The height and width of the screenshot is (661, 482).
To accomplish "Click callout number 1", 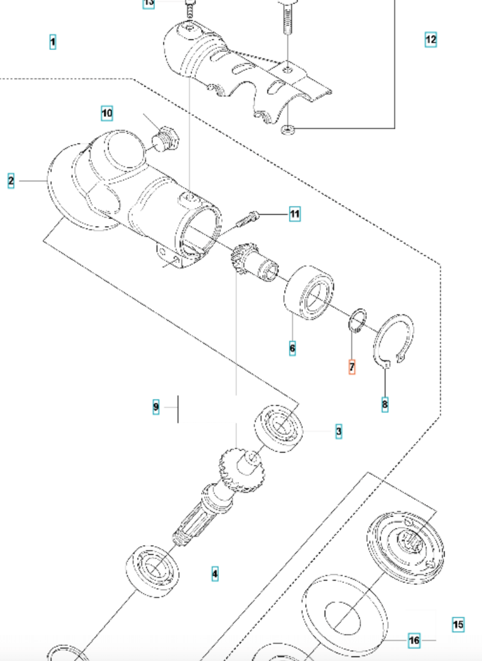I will pyautogui.click(x=52, y=42).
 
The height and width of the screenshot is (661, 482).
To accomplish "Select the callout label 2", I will pyautogui.click(x=11, y=181).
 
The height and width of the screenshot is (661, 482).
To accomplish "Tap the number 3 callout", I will pyautogui.click(x=338, y=431).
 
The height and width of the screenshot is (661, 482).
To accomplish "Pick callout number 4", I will pyautogui.click(x=215, y=574).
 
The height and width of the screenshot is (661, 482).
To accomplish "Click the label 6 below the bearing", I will pyautogui.click(x=292, y=348).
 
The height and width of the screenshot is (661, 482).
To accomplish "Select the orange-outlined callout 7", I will pyautogui.click(x=352, y=367).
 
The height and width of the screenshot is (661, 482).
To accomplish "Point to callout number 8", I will pyautogui.click(x=385, y=405).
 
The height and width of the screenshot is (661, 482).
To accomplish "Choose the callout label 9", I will pyautogui.click(x=156, y=407).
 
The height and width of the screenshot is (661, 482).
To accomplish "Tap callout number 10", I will pyautogui.click(x=107, y=114).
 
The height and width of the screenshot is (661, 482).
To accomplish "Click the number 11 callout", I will pyautogui.click(x=294, y=214).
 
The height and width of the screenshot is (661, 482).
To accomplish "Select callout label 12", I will pyautogui.click(x=430, y=39).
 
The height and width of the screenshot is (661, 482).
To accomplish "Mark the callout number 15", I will pyautogui.click(x=458, y=624).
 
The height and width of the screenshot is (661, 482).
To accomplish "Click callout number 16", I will pyautogui.click(x=414, y=640).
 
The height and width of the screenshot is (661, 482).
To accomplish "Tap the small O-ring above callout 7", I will pyautogui.click(x=357, y=320).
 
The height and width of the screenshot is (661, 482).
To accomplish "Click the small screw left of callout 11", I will pyautogui.click(x=248, y=220).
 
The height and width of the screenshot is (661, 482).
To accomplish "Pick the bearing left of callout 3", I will pyautogui.click(x=279, y=427).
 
